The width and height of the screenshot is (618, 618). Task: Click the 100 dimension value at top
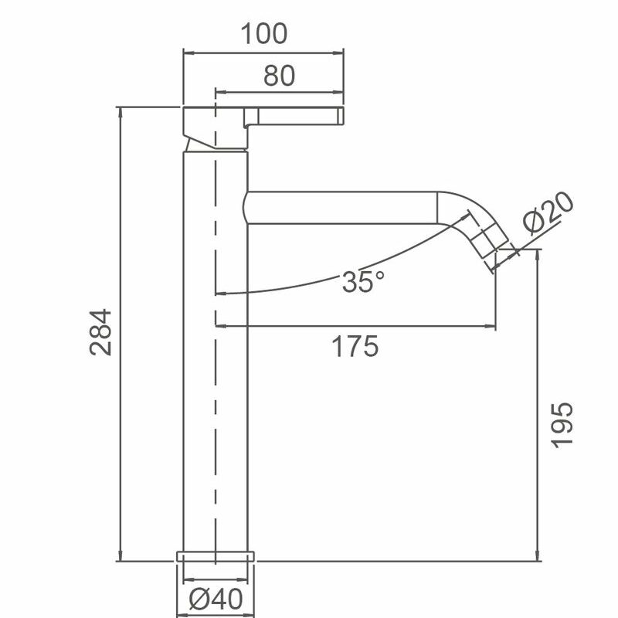263,34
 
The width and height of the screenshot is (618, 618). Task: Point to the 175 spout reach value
355,347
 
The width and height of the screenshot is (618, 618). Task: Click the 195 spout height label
563,424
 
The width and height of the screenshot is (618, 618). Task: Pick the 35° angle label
363,282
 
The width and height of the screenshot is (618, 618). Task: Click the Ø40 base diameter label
216,599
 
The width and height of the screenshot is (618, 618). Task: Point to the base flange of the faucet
216,555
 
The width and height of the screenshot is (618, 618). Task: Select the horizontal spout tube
340,208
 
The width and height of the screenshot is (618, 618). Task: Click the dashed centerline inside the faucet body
215,386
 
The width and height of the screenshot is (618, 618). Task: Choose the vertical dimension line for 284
121,332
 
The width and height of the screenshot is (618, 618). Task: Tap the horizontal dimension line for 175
355,328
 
